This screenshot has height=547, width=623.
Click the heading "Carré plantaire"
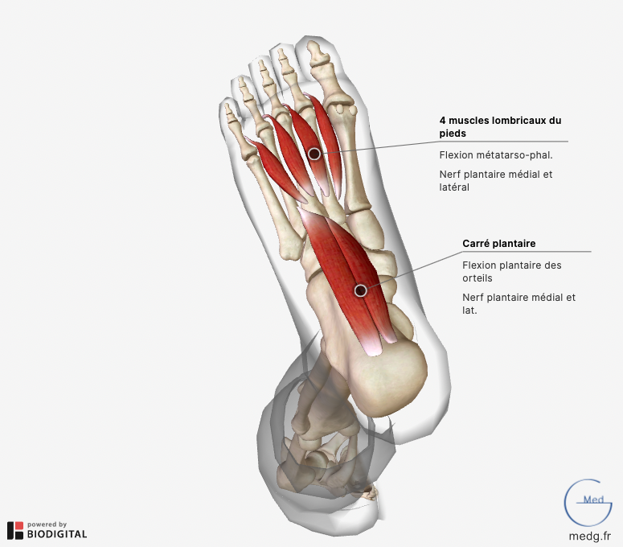498,243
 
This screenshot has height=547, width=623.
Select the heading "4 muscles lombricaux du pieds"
500,127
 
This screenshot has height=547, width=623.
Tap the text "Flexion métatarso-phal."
496,155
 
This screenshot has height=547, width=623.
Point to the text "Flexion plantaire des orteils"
512,272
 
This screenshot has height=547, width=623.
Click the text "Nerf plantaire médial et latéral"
496,180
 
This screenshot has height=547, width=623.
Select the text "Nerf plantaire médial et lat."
519,304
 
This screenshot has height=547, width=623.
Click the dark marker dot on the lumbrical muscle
314,154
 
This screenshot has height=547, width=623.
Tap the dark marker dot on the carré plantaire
360,290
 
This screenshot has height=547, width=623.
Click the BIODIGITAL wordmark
57,534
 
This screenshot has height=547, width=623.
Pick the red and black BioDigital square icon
15,531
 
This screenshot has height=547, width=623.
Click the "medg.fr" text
589,536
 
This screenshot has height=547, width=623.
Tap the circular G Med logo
588,503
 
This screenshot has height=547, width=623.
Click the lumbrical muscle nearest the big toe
327,143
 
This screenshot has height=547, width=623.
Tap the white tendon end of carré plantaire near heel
372,345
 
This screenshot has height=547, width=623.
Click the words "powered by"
47,524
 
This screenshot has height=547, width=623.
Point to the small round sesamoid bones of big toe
345,109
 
